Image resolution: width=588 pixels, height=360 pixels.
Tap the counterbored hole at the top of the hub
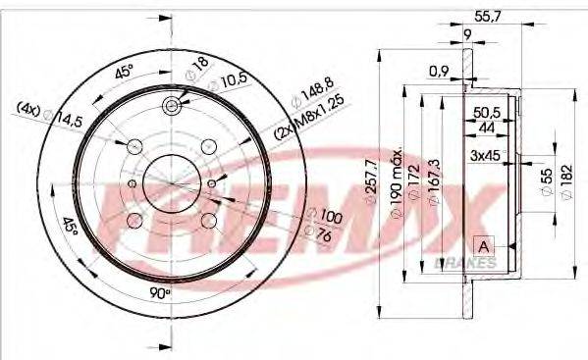173,105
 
